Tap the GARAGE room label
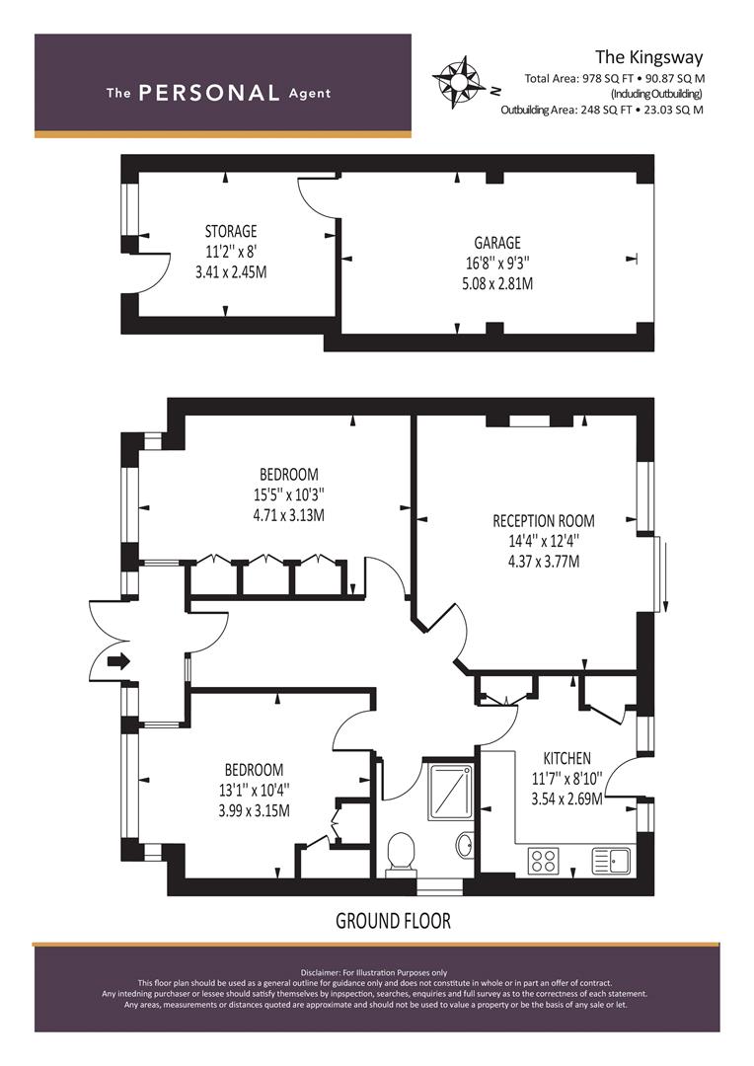[497, 243]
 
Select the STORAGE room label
[231, 231]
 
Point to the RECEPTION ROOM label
[543, 521]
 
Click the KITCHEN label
[566, 758]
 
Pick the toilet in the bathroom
[401, 853]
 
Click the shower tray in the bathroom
[450, 792]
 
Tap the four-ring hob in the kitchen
[543, 861]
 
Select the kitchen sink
[611, 861]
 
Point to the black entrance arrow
[118, 660]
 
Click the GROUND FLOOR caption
[393, 921]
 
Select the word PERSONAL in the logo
[208, 93]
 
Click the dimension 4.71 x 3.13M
[288, 515]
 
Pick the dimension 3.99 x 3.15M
[254, 811]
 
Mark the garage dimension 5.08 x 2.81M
[497, 283]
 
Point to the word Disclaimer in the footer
[320, 973]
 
